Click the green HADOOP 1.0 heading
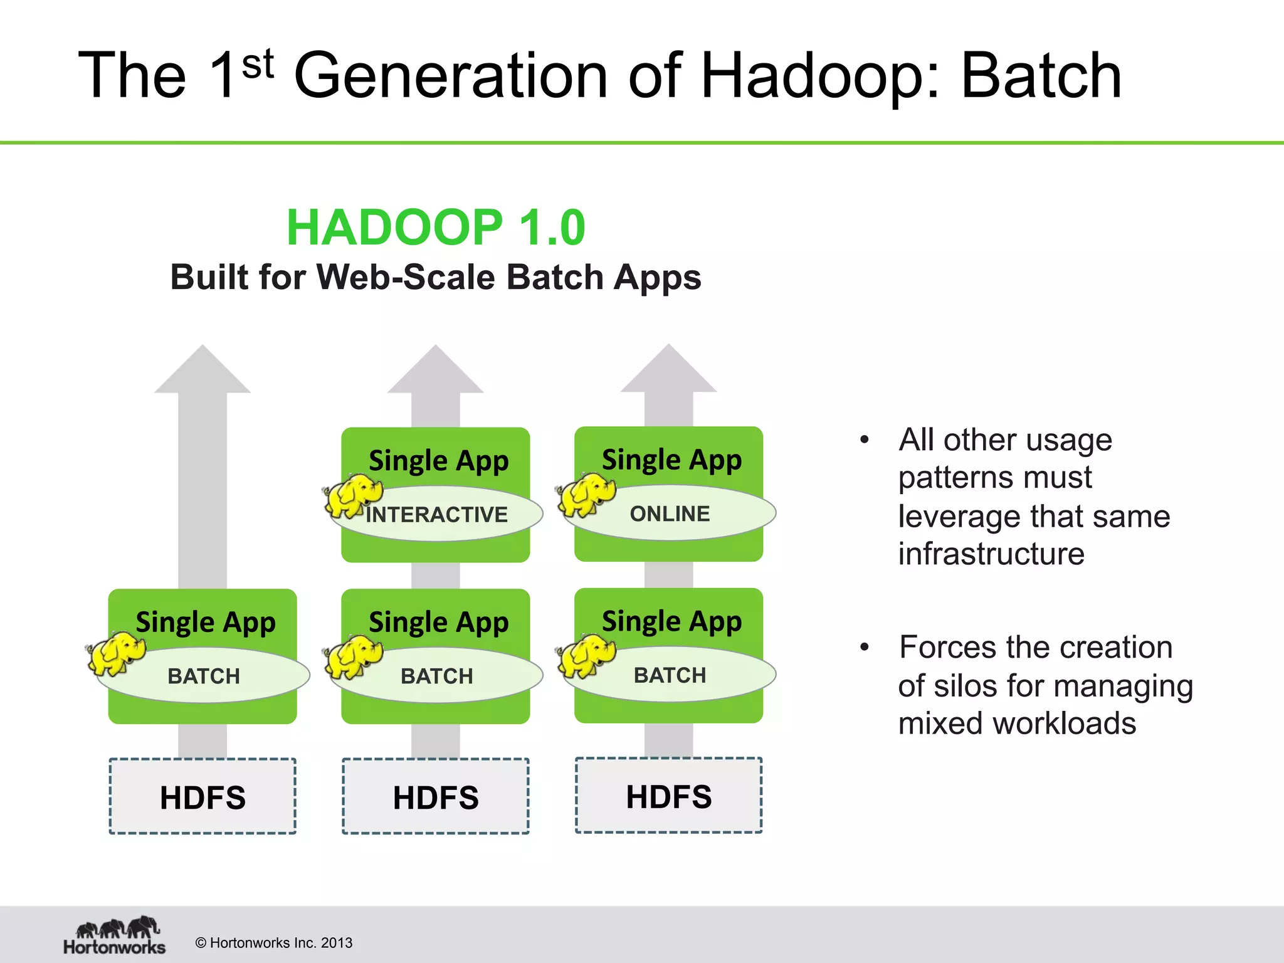click(436, 227)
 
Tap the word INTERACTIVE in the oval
click(437, 515)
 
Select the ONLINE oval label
click(670, 513)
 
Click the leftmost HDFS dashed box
click(203, 797)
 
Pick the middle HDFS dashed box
click(436, 797)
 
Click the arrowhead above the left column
click(203, 372)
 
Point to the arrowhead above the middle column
click(436, 372)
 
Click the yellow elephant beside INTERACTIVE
click(352, 495)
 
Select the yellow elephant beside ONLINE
click(586, 494)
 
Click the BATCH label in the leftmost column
click(204, 676)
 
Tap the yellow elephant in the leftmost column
click(117, 653)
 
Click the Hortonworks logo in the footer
click(115, 935)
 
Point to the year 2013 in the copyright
click(336, 943)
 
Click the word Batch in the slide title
click(1041, 76)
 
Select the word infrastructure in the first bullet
click(991, 554)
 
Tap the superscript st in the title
click(258, 65)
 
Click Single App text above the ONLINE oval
click(671, 460)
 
